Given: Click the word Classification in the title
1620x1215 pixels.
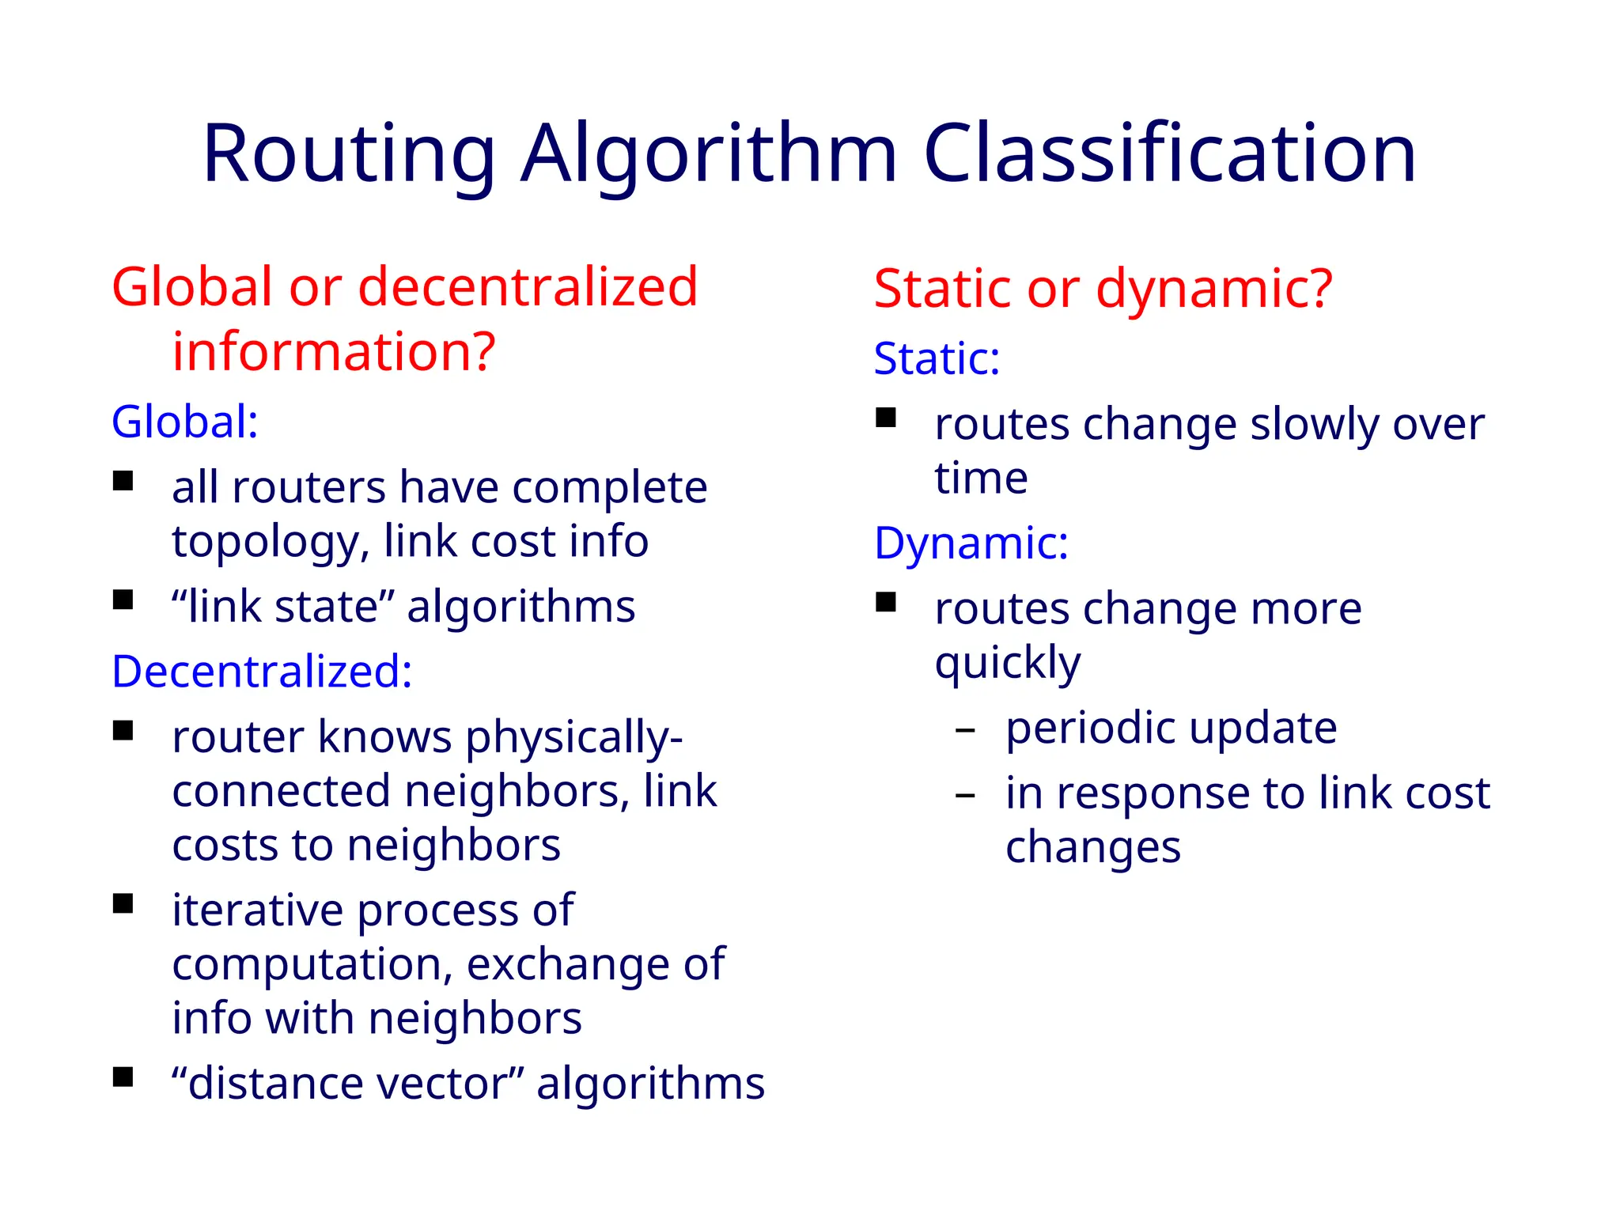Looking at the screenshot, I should [x=1169, y=153].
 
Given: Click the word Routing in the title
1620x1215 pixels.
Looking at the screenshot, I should [x=349, y=153].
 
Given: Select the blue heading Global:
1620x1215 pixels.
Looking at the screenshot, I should [x=184, y=422].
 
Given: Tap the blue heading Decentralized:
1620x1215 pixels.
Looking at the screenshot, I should [x=262, y=672].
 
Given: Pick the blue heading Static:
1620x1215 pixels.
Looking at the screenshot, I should [x=937, y=358].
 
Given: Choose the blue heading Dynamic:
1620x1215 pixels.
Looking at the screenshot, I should [x=971, y=543].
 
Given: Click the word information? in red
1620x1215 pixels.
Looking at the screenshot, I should [x=334, y=351].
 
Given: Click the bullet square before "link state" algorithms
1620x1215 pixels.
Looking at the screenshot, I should [x=123, y=600].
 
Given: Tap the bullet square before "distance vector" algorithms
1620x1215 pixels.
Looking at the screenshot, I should [x=123, y=1077].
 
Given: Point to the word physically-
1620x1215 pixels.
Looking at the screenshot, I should [x=573, y=738].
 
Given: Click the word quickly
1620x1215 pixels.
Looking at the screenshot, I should [x=1007, y=663].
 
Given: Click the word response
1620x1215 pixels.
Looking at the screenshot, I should [x=1155, y=794].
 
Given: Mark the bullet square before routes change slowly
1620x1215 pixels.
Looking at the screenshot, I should [x=886, y=417].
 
